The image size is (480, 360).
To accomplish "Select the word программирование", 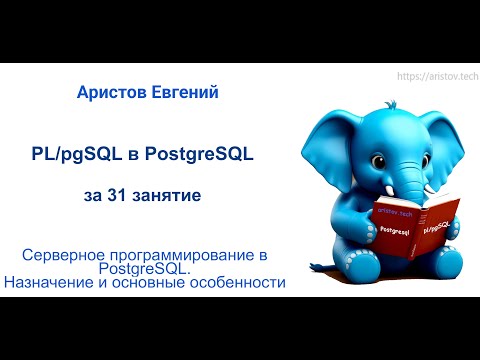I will click(185, 256).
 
